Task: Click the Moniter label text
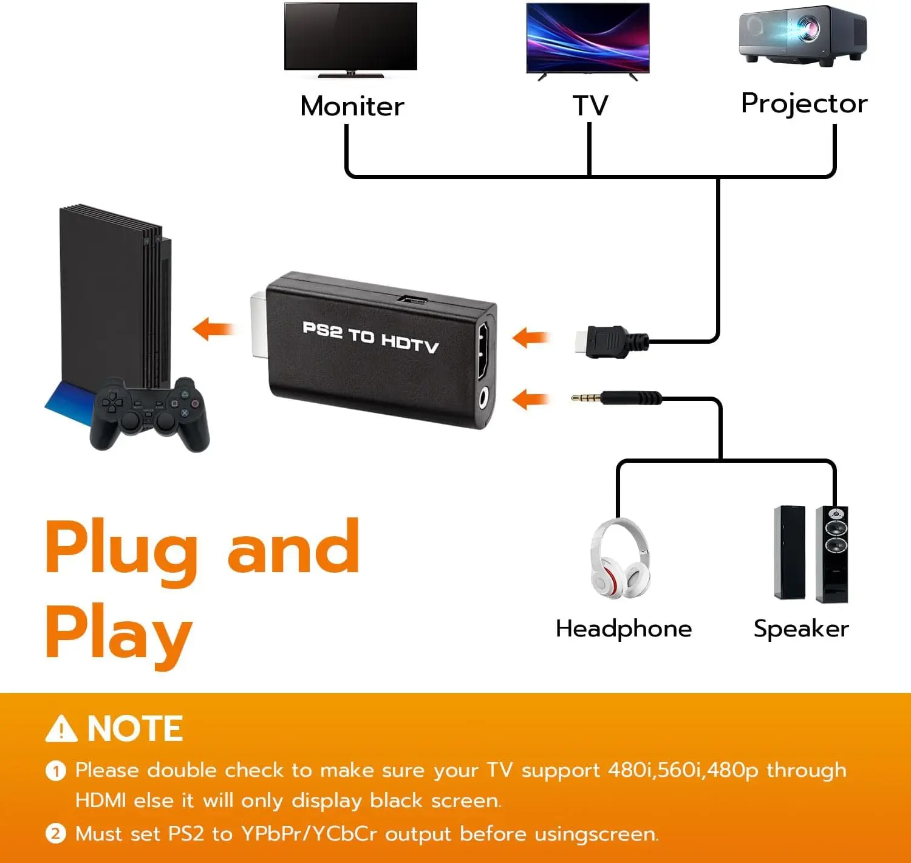pyautogui.click(x=352, y=106)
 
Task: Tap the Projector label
pyautogui.click(x=804, y=104)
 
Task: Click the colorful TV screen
pyautogui.click(x=587, y=38)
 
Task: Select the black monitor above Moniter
pyautogui.click(x=350, y=36)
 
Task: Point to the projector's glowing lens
pyautogui.click(x=808, y=28)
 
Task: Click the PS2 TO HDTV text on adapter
pyautogui.click(x=370, y=338)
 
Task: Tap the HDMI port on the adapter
pyautogui.click(x=483, y=350)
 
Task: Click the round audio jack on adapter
pyautogui.click(x=483, y=399)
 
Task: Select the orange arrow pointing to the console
pyautogui.click(x=214, y=329)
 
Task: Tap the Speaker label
pyautogui.click(x=800, y=629)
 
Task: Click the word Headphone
pyautogui.click(x=623, y=629)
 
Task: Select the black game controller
pyautogui.click(x=149, y=414)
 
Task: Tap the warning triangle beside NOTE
pyautogui.click(x=61, y=729)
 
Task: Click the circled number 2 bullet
pyautogui.click(x=55, y=833)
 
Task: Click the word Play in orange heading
pyautogui.click(x=119, y=634)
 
